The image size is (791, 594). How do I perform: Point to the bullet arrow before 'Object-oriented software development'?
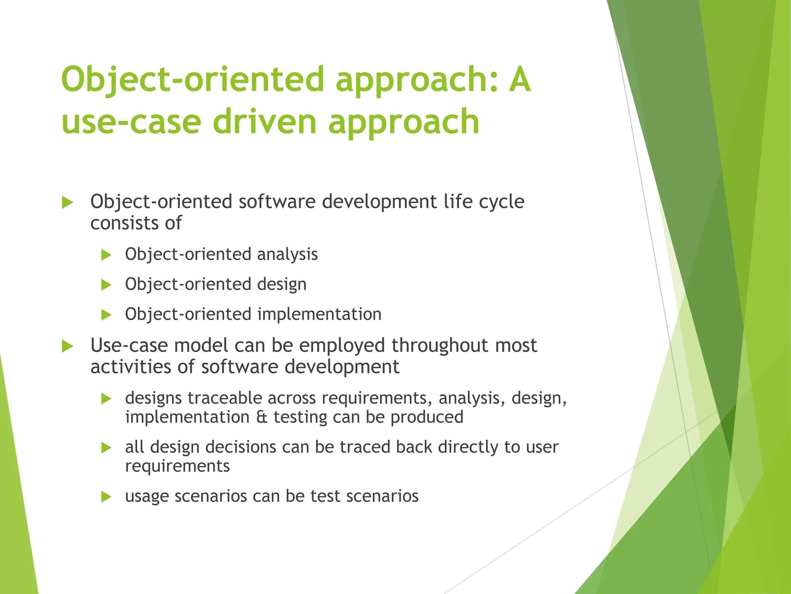click(68, 202)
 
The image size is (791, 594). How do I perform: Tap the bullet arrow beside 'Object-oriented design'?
click(106, 285)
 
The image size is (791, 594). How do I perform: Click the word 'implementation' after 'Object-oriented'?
click(319, 314)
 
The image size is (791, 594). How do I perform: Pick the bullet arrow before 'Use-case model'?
click(68, 346)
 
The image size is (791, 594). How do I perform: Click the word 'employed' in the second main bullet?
click(342, 346)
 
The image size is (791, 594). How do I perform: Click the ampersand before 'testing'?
click(261, 417)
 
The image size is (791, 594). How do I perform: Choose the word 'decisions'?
click(241, 447)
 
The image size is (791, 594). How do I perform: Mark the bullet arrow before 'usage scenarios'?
click(106, 497)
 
